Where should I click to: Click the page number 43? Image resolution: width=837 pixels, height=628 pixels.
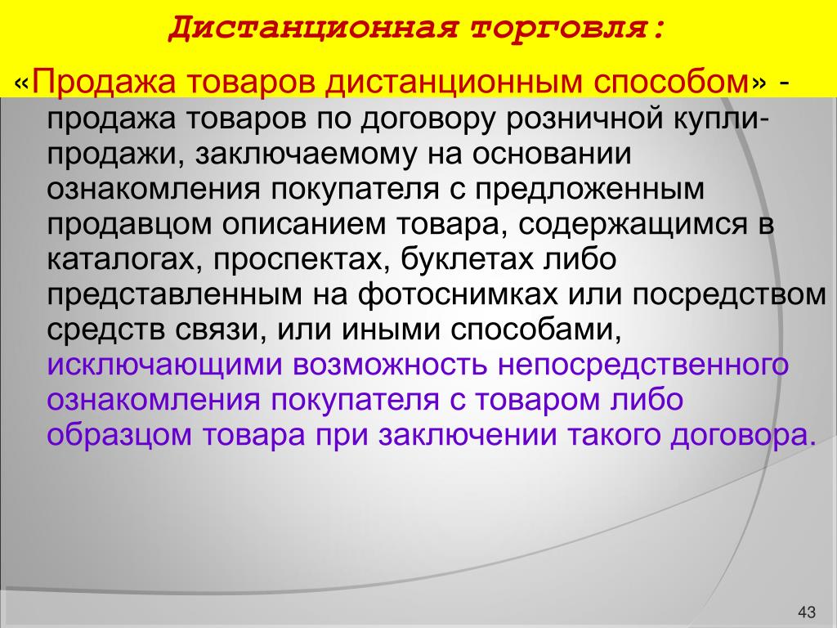807,612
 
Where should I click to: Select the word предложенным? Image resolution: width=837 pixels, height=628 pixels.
589,190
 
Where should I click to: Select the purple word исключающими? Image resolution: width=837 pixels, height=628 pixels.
163,366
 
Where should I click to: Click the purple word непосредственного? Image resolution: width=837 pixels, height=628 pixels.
643,366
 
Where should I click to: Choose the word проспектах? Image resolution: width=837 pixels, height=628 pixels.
302,260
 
